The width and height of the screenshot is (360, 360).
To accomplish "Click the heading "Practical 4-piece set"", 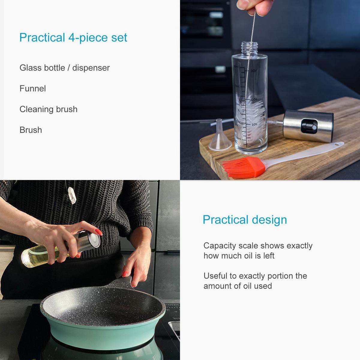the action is (73, 37).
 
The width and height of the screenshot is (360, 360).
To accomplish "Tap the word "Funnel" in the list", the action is (33, 88).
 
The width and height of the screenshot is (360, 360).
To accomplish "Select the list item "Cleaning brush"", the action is (48, 109).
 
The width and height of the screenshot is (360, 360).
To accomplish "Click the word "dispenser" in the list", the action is (91, 68).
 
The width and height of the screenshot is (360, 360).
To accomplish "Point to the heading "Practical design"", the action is (245, 220).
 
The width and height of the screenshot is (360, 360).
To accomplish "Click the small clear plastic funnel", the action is (220, 136).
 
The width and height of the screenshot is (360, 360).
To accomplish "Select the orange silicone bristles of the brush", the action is (244, 167).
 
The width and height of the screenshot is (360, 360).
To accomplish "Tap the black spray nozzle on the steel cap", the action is (309, 127).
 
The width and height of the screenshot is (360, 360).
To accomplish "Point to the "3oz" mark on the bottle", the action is (253, 71).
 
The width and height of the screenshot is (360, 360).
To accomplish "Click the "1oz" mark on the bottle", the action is (254, 124).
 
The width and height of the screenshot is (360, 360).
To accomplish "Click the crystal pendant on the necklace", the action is (72, 195).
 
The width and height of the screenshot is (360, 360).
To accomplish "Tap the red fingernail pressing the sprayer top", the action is (99, 232).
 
